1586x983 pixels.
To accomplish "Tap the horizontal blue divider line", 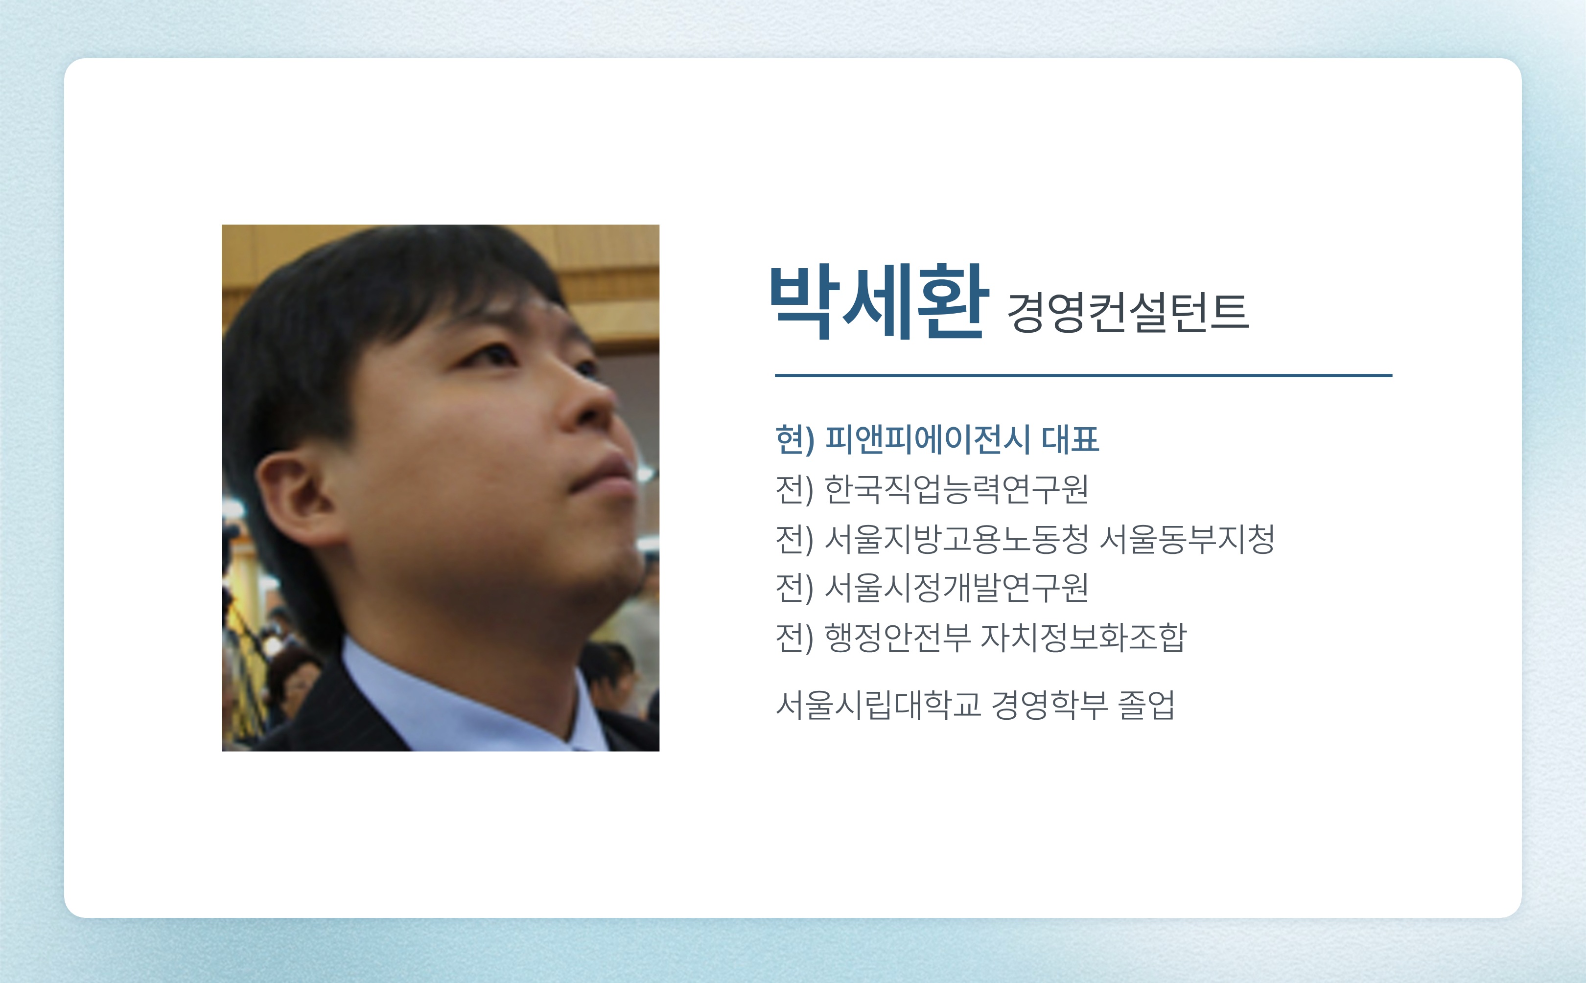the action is (1083, 375).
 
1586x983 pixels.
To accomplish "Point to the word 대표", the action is (1071, 439).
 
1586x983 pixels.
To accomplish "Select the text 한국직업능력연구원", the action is (956, 489).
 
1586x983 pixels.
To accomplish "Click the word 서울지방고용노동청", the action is (956, 539).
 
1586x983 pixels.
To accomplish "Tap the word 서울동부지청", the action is (1187, 539).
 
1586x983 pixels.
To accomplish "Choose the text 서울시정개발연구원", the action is (956, 588).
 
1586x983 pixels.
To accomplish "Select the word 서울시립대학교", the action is (878, 705).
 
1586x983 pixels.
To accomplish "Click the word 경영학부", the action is (1050, 705).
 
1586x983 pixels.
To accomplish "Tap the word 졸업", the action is (1146, 705).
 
